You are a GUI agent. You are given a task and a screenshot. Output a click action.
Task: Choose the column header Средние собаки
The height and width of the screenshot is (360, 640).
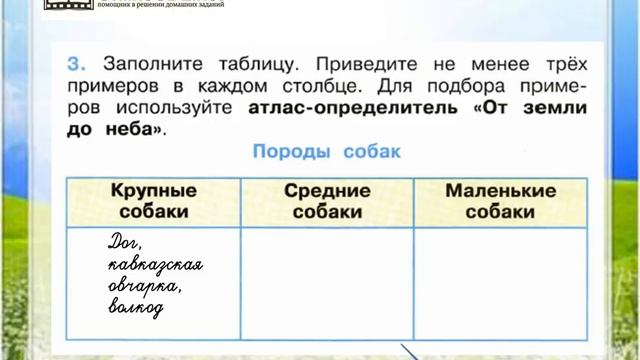[327, 201]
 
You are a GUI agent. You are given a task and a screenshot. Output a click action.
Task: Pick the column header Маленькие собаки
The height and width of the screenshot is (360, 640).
[500, 201]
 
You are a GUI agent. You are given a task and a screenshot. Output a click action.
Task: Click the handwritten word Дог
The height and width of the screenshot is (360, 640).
[127, 243]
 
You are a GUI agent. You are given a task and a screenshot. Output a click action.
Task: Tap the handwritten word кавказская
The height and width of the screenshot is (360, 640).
[156, 265]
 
